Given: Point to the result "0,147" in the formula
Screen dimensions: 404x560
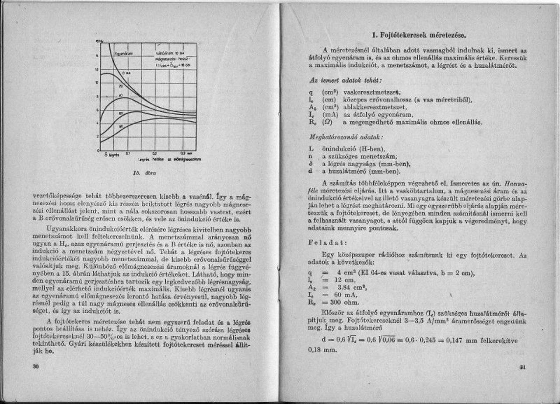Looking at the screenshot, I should pyautogui.click(x=443, y=340).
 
